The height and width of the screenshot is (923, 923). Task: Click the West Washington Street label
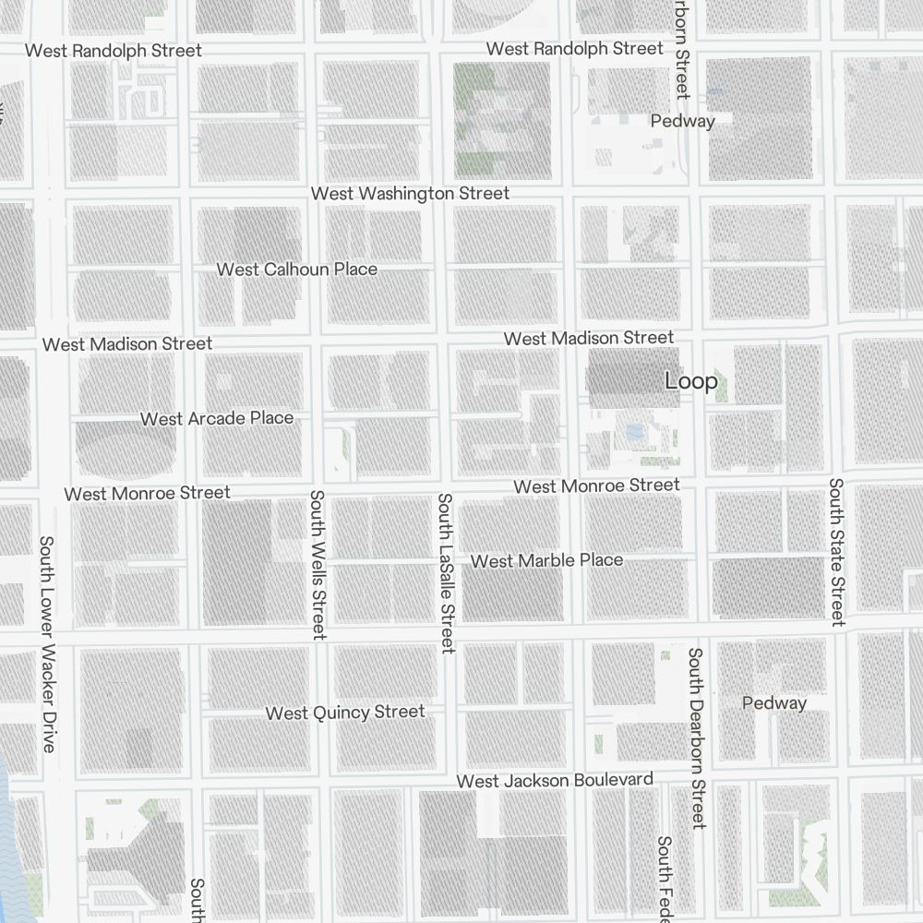(x=410, y=194)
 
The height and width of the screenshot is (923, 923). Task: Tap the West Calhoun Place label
(x=296, y=270)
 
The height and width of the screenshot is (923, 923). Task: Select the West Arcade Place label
(x=217, y=419)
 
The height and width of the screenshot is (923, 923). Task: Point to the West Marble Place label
(x=546, y=561)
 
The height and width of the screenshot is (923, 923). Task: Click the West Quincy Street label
(x=345, y=713)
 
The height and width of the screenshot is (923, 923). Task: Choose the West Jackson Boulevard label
(x=555, y=781)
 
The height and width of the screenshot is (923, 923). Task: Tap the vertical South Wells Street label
(x=318, y=564)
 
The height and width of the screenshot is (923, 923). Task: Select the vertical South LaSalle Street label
(x=446, y=573)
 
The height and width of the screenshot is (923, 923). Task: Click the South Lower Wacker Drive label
(x=47, y=643)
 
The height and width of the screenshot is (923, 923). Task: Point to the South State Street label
(x=836, y=552)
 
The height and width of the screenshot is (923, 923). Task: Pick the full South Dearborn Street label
(x=697, y=737)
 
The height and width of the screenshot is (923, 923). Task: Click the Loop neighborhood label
(x=690, y=381)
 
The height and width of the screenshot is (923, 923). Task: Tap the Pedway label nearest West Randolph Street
(x=682, y=121)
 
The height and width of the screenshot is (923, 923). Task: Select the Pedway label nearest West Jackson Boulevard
(x=773, y=703)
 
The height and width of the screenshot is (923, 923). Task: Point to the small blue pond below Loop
(x=634, y=432)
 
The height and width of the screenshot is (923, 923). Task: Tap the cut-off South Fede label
(x=664, y=878)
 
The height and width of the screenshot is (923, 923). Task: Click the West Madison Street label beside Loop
(x=588, y=339)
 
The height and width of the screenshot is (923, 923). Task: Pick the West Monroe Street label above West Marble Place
(x=596, y=485)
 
